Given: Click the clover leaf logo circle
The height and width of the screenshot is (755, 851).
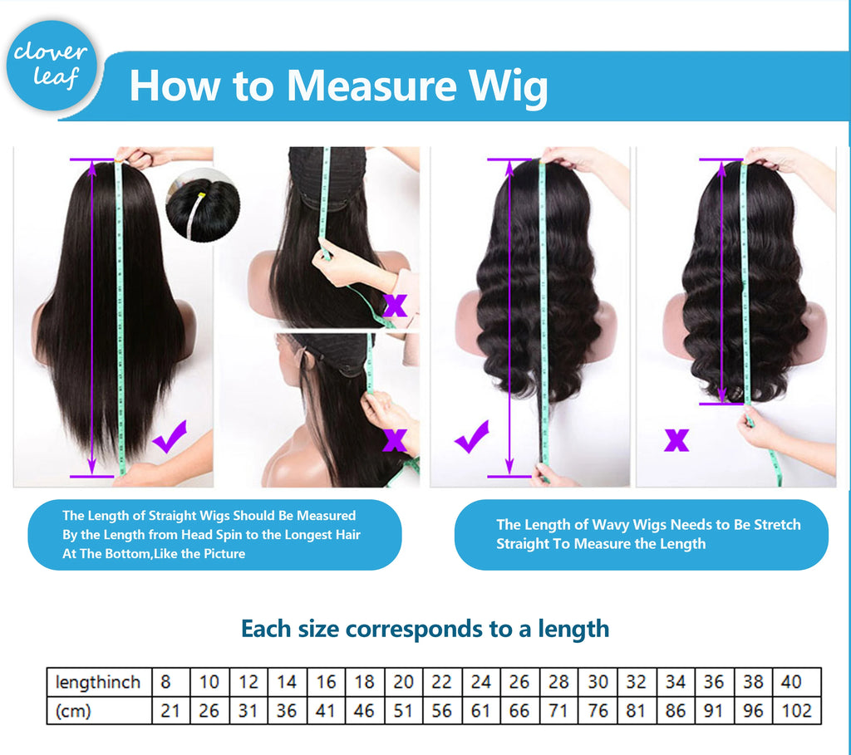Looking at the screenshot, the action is [52, 66].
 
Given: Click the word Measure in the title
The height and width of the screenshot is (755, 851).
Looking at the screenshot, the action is [371, 86].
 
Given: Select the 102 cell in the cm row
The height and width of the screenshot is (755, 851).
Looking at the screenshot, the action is [797, 710].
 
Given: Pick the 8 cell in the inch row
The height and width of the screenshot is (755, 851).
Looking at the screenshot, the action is [171, 682].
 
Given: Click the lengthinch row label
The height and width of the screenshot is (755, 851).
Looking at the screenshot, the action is [98, 682].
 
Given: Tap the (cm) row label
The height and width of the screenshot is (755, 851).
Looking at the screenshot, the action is [73, 710].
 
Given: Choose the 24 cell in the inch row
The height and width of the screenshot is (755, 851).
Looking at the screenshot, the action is [481, 682].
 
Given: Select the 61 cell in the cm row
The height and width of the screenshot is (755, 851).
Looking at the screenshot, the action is [481, 710].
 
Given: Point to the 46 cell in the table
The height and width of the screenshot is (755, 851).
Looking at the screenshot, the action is [364, 710].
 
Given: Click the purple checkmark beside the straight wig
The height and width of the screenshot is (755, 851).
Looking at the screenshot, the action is [170, 436].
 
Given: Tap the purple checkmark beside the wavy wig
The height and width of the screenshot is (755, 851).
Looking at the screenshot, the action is [472, 437].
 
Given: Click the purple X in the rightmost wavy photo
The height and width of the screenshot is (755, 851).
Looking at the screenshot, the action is [676, 440].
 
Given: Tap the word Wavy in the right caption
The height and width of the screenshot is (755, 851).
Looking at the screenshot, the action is [611, 524].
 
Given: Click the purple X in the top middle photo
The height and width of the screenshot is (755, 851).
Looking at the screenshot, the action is [395, 306].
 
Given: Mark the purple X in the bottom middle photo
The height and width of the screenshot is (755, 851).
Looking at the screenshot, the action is [395, 440].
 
